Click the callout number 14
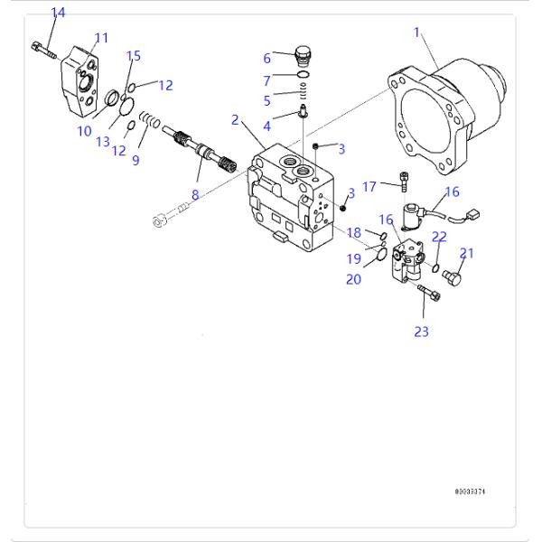tap(58, 13)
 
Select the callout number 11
tap(101, 38)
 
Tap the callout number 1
tap(417, 33)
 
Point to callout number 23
tap(422, 332)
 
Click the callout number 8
tap(194, 193)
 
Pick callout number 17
tap(369, 186)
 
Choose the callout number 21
tap(466, 254)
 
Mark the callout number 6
tap(266, 59)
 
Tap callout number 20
tap(353, 279)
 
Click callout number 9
tap(135, 161)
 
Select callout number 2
tap(235, 120)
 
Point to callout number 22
tap(439, 237)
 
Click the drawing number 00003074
tap(476, 492)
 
